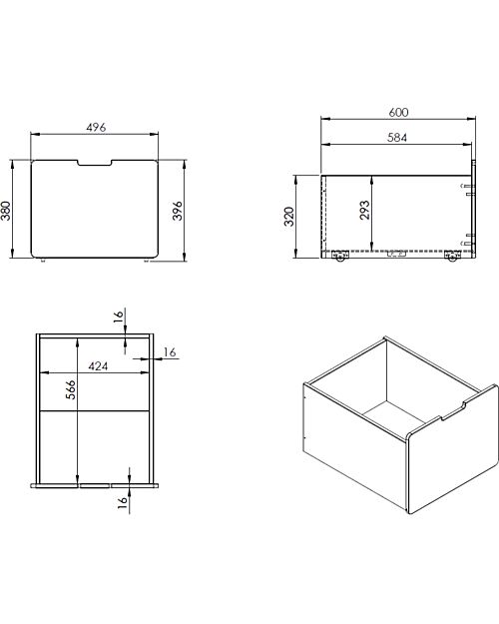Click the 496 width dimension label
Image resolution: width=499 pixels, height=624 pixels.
pyautogui.click(x=96, y=127)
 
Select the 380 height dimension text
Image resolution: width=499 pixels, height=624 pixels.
pyautogui.click(x=8, y=212)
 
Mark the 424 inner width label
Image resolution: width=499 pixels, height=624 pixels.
pyautogui.click(x=99, y=366)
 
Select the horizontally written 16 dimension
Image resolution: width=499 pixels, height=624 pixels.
pyautogui.click(x=169, y=351)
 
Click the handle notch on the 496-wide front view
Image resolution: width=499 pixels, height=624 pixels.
pyautogui.click(x=96, y=163)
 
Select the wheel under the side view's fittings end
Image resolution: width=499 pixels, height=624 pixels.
pyautogui.click(x=453, y=258)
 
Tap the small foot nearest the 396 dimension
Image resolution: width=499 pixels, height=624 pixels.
pyautogui.click(x=147, y=262)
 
